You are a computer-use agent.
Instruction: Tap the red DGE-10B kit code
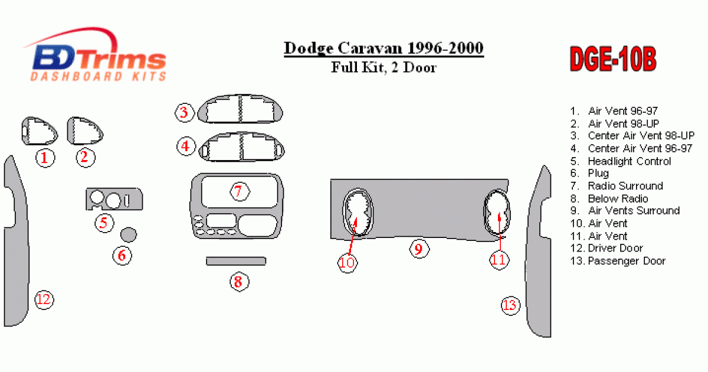click(x=613, y=59)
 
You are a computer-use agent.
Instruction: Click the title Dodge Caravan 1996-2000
click(x=383, y=48)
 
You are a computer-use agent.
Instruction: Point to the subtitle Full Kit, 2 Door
click(x=383, y=67)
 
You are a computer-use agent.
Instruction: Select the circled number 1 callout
click(x=45, y=158)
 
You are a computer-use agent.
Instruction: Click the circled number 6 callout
click(x=122, y=256)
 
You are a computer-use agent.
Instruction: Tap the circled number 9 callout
click(x=419, y=249)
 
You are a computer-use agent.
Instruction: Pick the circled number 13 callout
click(x=510, y=305)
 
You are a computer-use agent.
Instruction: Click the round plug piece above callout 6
click(x=129, y=235)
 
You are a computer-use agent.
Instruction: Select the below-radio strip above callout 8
click(x=236, y=261)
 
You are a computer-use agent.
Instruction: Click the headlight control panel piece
click(x=114, y=199)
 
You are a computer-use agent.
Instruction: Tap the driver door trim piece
click(x=16, y=240)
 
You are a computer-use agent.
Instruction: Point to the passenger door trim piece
click(x=538, y=253)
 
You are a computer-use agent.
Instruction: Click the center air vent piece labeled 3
click(x=240, y=109)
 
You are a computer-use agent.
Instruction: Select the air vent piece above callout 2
click(x=85, y=130)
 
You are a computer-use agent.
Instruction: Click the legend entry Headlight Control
click(x=621, y=161)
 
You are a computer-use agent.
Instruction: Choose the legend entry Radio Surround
click(x=617, y=186)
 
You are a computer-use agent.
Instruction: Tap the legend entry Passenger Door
click(x=618, y=261)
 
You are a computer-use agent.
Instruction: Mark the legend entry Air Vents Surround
click(x=625, y=211)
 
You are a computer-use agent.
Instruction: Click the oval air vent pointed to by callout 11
click(x=497, y=213)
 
